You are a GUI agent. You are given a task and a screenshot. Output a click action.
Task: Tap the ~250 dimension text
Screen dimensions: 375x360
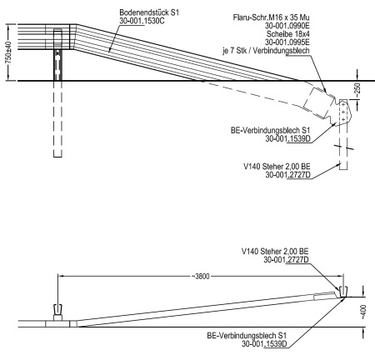pos(357,90)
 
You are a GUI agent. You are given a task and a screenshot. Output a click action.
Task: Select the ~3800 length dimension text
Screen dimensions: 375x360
pos(201,277)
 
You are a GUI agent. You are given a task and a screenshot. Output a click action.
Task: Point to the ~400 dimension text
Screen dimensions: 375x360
pos(363,312)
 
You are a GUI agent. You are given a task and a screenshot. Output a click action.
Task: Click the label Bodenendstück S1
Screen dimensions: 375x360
pos(149,12)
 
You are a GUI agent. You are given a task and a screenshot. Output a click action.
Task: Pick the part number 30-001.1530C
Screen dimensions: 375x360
pos(142,21)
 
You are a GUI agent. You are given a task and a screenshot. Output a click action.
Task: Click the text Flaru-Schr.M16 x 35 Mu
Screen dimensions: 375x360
pos(272,17)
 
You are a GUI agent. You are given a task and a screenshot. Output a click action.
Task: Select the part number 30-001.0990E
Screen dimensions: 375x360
pos(287,26)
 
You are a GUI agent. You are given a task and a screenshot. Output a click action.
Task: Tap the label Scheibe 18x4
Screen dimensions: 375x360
pos(288,34)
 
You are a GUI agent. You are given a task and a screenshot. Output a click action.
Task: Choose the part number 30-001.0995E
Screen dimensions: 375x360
pos(287,42)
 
